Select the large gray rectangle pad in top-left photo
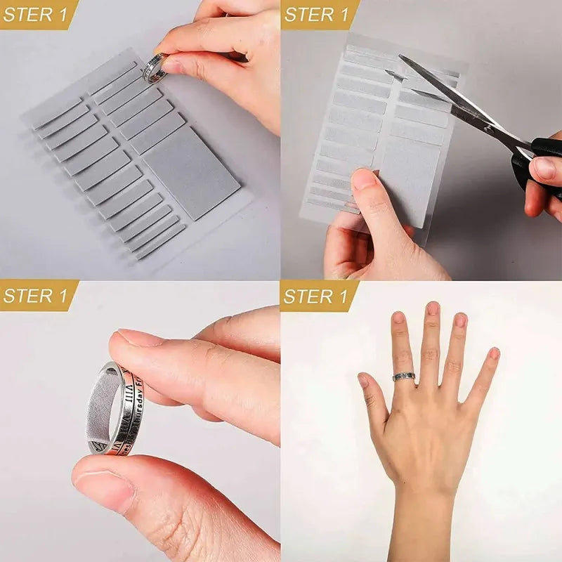pyautogui.click(x=191, y=171)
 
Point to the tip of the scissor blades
pyautogui.click(x=388, y=73)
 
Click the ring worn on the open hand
pyautogui.click(x=404, y=377)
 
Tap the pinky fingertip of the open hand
pyautogui.click(x=494, y=353)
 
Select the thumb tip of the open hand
pyautogui.click(x=363, y=380)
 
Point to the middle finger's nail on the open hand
pyautogui.click(x=433, y=308)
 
